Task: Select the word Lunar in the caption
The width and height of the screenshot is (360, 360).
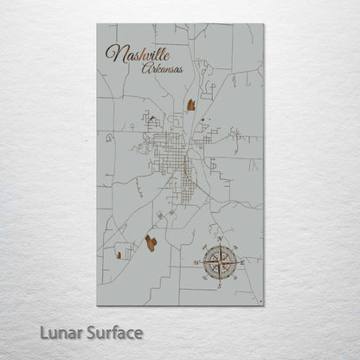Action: coord(57,332)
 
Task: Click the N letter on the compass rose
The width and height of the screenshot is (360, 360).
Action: coord(220,238)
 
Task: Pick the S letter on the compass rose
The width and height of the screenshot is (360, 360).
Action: coord(220,284)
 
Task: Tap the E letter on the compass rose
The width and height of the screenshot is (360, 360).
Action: coord(243,261)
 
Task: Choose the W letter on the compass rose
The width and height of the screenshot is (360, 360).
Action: coord(196,261)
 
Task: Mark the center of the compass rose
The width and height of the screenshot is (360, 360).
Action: coord(220,261)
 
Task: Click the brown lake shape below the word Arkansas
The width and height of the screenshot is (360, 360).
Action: coord(191,105)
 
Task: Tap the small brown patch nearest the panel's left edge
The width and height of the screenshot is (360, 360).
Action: coord(118,254)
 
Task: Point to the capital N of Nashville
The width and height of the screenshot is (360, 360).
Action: coord(112,55)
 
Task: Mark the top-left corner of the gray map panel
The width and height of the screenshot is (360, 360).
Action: coord(97,24)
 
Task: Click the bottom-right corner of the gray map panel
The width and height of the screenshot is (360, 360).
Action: coord(263,305)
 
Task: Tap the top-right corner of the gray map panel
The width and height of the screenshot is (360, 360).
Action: coord(263,24)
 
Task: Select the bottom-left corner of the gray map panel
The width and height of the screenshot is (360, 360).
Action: coord(97,305)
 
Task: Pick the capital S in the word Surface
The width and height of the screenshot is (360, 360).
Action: coord(87,332)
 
